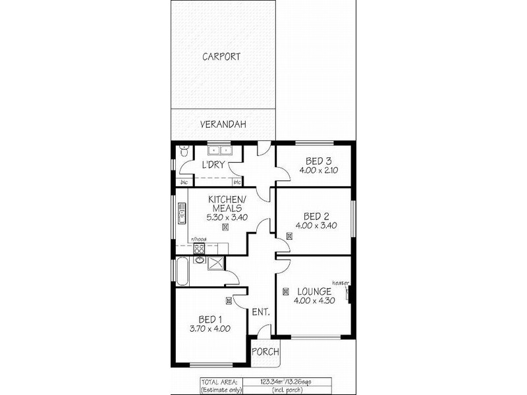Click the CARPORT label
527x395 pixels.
pos(221,57)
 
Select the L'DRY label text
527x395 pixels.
pos(213,164)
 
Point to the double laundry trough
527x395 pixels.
pos(218,149)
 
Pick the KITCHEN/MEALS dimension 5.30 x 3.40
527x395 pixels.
pos(227,217)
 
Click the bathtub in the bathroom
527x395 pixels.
pos(181,271)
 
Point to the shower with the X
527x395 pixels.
pos(215,263)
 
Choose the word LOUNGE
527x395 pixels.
pos(314,290)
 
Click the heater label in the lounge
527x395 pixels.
pos(340,282)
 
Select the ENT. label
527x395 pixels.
pos(261,312)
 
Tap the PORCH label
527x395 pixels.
pos(265,352)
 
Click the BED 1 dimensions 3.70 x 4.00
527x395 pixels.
pos(210,329)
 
